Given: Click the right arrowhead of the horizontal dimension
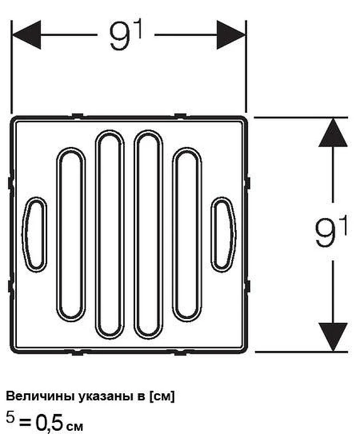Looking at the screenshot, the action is [231, 35].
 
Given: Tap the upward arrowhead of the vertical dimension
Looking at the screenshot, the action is [333, 132].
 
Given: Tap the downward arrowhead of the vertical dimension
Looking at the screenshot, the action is [333, 337].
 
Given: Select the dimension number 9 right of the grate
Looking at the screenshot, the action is [325, 233].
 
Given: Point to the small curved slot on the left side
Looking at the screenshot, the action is [34, 234].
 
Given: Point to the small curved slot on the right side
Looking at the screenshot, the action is [224, 234].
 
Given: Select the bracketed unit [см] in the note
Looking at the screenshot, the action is [162, 397].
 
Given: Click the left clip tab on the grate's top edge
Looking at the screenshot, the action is [77, 116].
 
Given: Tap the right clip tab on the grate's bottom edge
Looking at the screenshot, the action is [180, 352].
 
